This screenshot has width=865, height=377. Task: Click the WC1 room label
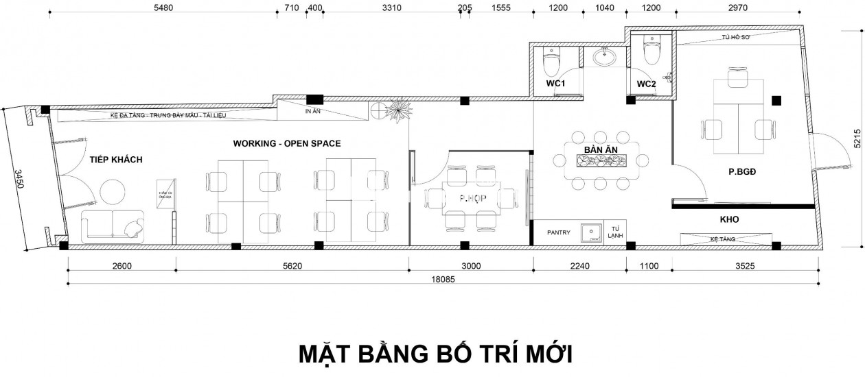pos(555,84)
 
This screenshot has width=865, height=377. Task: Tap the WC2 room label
pos(647,84)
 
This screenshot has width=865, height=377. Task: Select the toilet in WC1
pos(551,63)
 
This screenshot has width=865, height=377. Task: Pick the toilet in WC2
pos(651,51)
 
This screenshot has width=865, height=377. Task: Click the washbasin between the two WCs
pos(605,57)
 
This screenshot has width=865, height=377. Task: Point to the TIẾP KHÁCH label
pos(115,160)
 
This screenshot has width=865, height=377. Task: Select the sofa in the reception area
pos(113,226)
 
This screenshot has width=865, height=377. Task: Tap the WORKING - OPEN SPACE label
pos(287,143)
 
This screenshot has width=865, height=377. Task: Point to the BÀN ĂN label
pos(599,149)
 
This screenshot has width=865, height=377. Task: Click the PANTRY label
pos(559,232)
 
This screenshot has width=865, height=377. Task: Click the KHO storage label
pos(729,220)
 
